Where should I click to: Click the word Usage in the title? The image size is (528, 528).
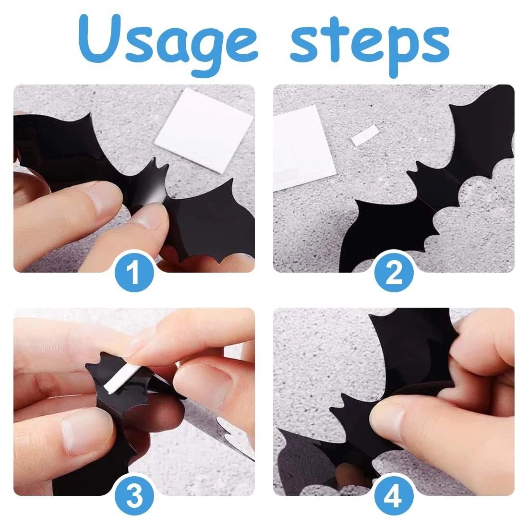(168, 42)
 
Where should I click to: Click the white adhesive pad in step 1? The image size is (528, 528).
(204, 131)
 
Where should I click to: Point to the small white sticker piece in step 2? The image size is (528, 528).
(364, 135)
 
